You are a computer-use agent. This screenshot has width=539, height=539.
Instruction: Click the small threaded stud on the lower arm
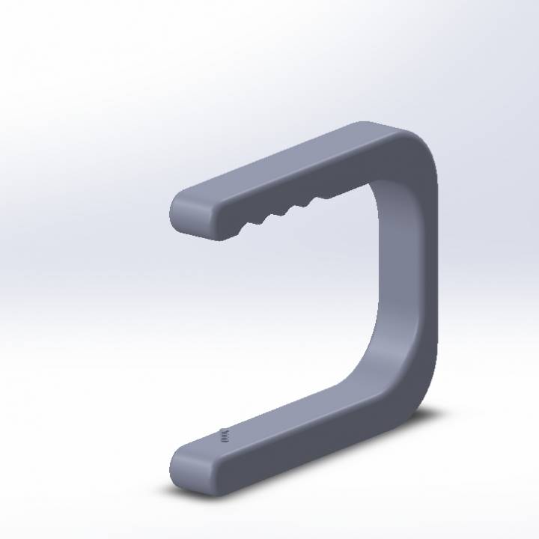point(223,434)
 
